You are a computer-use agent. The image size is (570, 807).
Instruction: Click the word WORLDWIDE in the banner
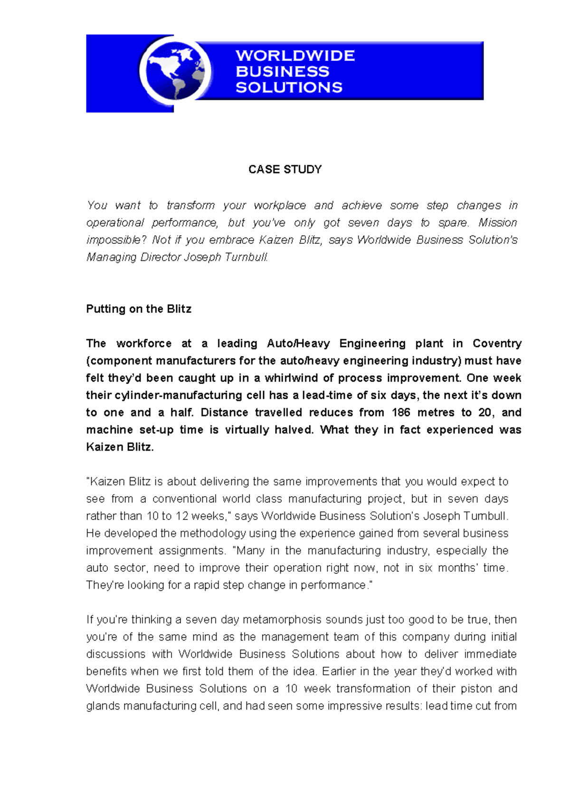[x=295, y=56]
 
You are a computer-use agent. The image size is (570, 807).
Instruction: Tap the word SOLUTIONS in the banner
[x=289, y=87]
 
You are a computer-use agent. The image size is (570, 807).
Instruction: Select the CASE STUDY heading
[x=285, y=170]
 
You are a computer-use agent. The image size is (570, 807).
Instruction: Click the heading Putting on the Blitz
[x=139, y=309]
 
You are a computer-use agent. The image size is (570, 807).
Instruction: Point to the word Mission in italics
[x=497, y=222]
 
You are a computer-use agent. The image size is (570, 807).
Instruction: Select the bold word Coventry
[x=497, y=343]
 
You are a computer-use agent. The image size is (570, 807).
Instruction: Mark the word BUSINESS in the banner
[x=282, y=72]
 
